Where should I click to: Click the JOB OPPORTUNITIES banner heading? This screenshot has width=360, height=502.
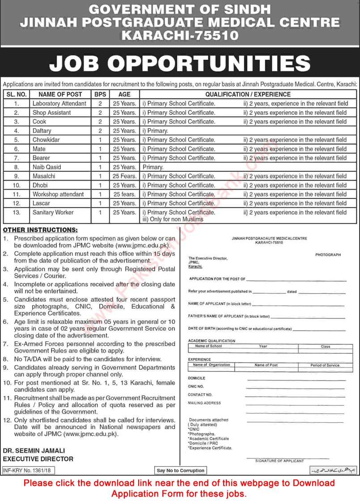pos(180,63)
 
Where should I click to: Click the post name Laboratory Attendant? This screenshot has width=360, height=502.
pos(59,103)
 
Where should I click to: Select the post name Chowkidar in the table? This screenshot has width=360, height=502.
pos(46,140)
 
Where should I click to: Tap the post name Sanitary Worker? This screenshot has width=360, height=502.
pos(53,212)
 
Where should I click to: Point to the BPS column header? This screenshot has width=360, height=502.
pos(100,94)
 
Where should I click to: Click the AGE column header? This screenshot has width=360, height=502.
pos(124,94)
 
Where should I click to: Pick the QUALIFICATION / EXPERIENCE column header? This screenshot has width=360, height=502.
pos(248,94)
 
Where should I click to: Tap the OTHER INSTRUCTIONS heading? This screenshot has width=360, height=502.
pos(40,229)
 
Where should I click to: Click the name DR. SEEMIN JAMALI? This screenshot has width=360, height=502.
pos(34,450)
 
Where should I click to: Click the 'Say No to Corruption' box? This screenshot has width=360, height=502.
pos(180,470)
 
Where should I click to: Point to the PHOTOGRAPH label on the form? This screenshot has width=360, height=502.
pos(327,255)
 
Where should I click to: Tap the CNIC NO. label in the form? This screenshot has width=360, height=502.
pos(196,386)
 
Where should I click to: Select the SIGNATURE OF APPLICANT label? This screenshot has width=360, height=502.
pos(279,460)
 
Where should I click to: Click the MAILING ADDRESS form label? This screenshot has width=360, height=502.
pos(204,403)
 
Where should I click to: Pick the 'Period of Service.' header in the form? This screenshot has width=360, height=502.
pos(325,365)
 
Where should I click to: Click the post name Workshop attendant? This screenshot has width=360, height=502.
pos(58,194)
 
